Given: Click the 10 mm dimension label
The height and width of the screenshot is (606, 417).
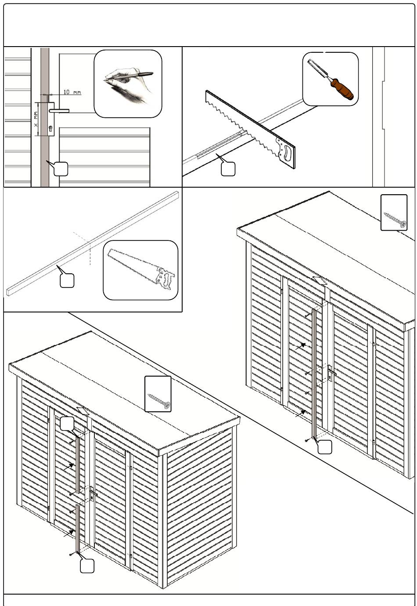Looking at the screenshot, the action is (72, 92).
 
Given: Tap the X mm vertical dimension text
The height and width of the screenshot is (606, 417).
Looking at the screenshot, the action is (36, 119).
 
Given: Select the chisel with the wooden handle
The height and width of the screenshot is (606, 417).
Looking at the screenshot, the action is (330, 79).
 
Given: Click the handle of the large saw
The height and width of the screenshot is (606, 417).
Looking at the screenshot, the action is (286, 152).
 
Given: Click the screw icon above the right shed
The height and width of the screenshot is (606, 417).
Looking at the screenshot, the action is (395, 219).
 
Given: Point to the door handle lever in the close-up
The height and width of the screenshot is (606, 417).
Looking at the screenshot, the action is (59, 111).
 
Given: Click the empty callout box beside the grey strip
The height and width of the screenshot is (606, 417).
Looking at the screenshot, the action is (61, 169).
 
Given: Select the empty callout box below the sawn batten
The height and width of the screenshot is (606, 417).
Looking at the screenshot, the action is (228, 169).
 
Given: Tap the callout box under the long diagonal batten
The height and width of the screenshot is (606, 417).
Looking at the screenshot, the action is (67, 280).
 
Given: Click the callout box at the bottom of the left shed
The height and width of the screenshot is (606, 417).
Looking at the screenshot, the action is (87, 566).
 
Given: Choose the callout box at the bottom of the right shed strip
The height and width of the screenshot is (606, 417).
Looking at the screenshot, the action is (324, 446).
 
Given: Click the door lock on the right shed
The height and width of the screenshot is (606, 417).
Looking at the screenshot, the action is (331, 374).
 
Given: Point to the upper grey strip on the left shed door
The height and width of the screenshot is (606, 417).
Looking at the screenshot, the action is (78, 465).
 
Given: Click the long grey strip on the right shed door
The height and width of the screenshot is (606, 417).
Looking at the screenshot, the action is (314, 374).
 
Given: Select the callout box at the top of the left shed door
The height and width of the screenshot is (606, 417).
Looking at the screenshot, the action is (67, 423).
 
